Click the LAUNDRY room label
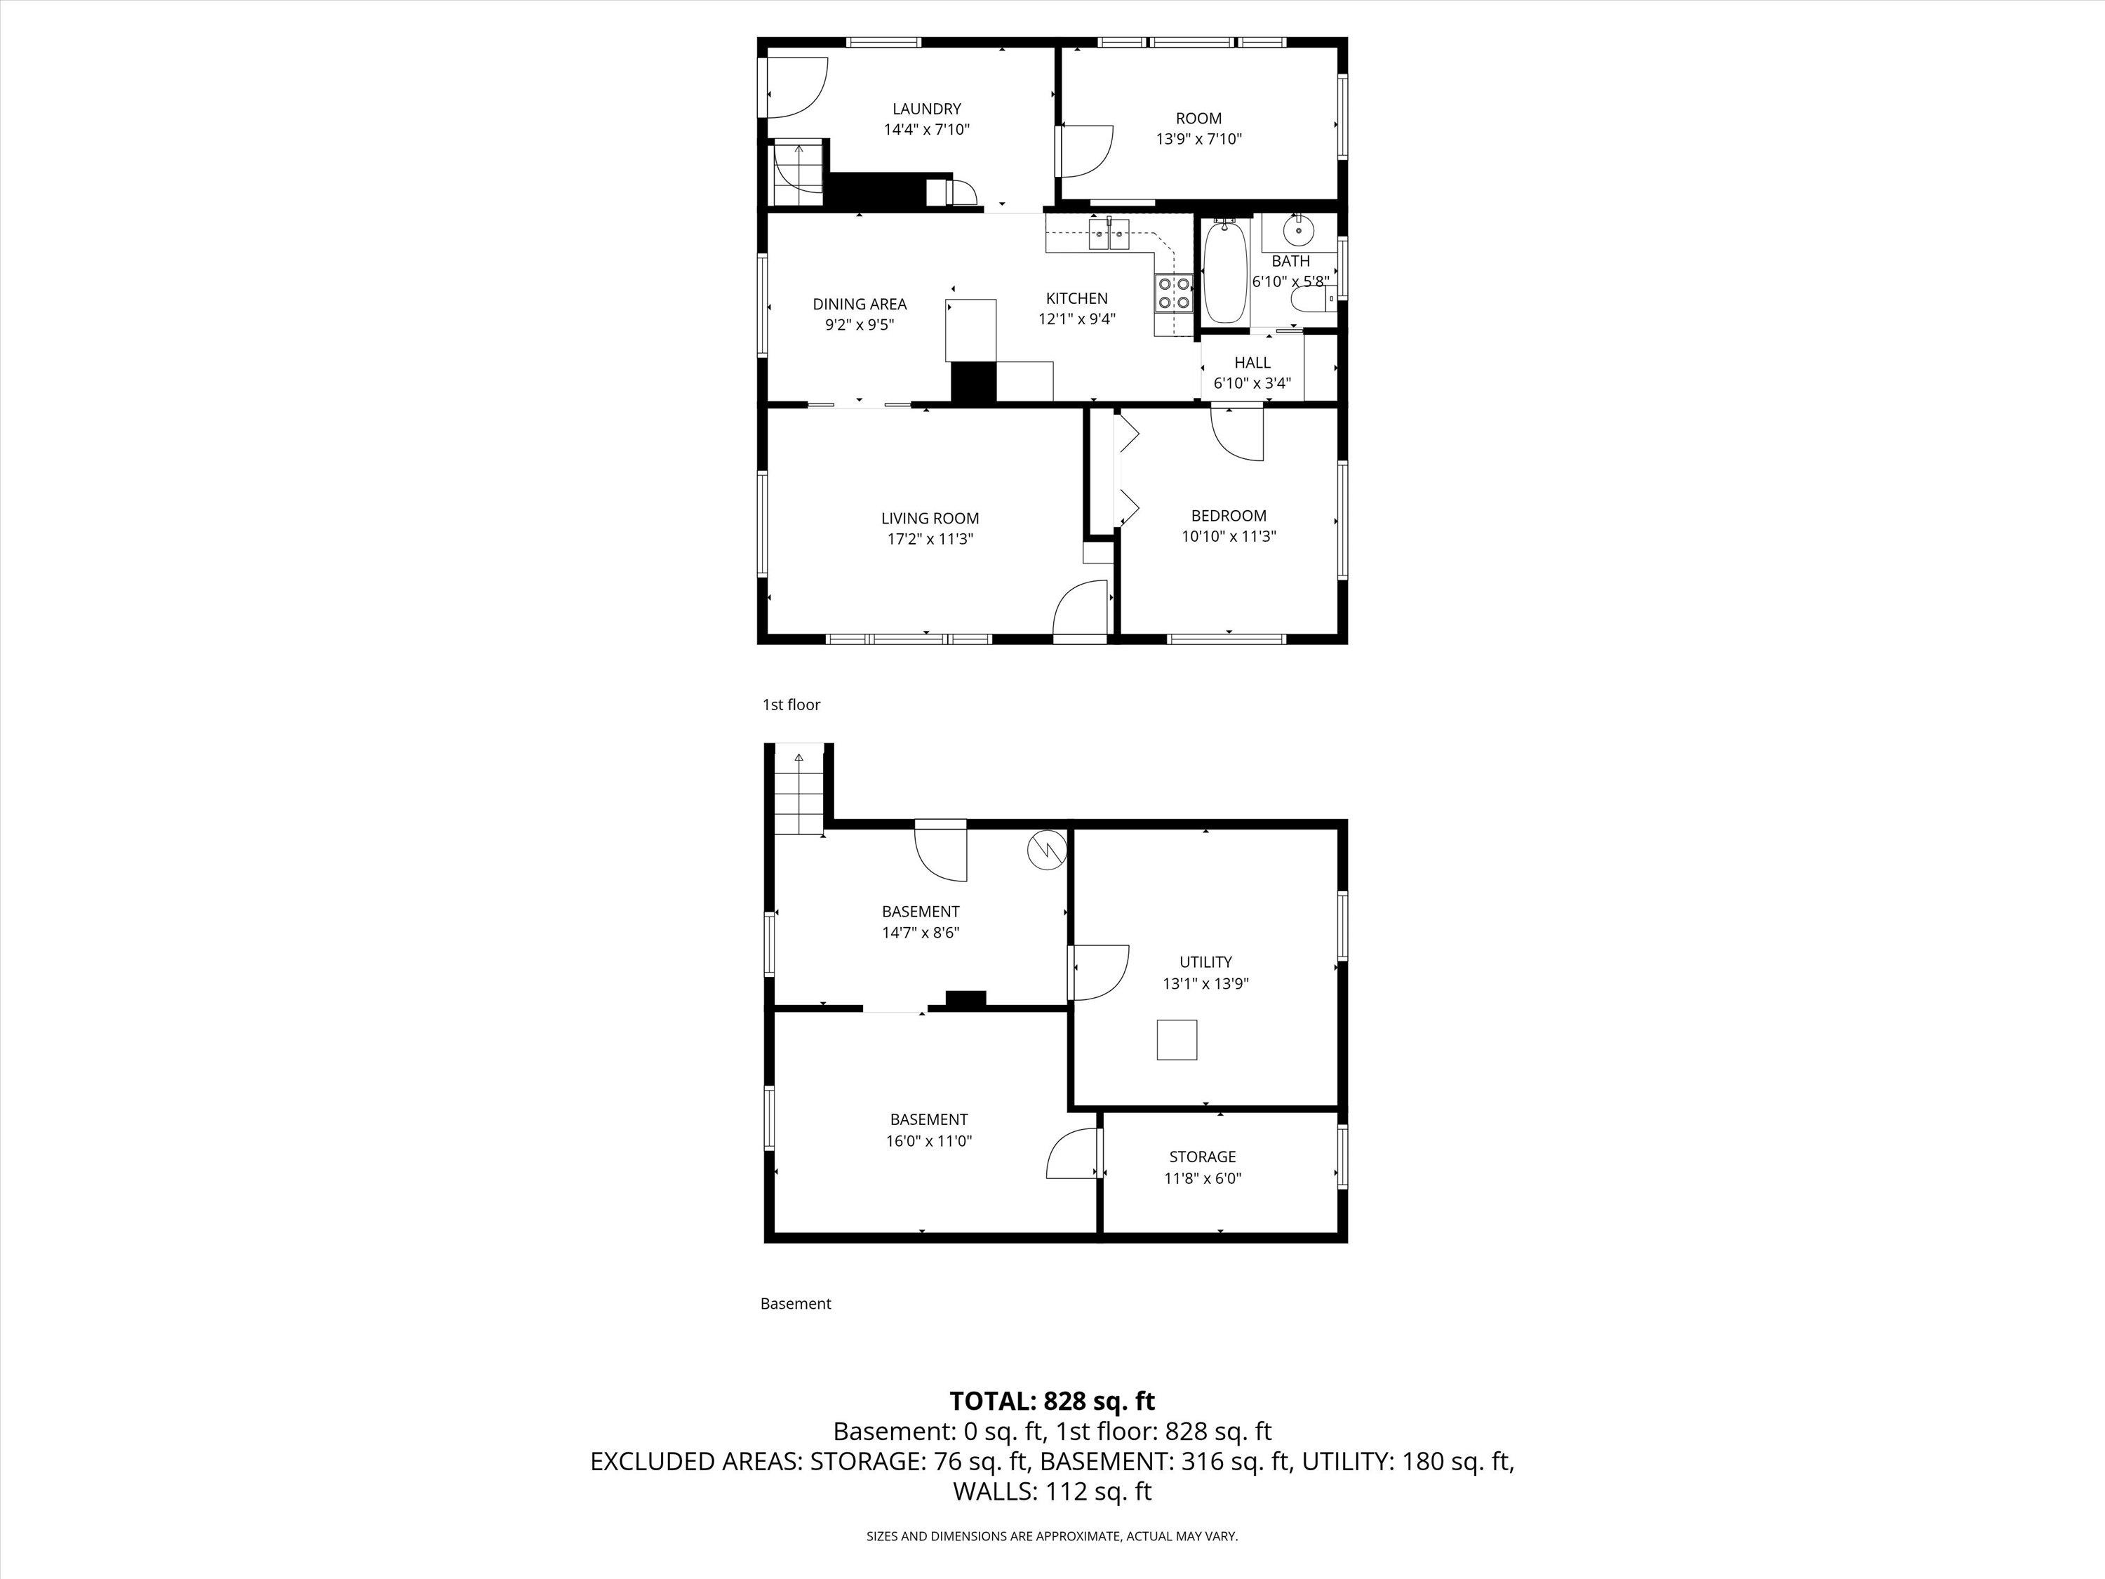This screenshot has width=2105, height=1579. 926,109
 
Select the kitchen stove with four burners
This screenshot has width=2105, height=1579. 1173,292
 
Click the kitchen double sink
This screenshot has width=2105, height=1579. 1109,233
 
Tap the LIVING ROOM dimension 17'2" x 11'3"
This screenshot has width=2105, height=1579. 930,540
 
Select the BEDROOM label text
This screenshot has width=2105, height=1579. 1229,516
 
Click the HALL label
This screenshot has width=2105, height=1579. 1252,363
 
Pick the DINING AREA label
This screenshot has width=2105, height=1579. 860,305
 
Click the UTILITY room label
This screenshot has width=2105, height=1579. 1205,962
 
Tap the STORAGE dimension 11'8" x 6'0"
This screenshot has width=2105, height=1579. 1203,1178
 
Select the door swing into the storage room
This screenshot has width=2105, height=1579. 1072,1154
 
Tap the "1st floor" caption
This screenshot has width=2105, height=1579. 791,705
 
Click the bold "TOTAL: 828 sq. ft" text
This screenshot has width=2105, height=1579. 1052,1401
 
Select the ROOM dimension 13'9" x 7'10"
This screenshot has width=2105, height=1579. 1198,139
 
